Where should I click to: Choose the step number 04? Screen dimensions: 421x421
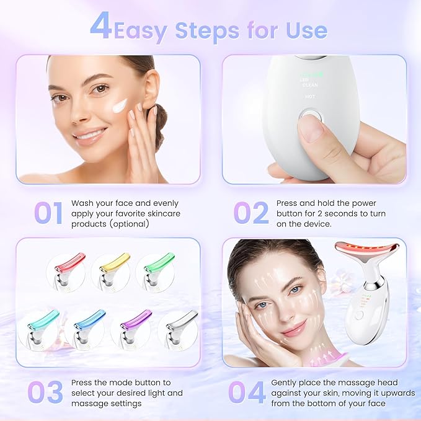(x=247, y=392)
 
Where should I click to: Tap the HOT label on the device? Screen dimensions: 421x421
(x=310, y=97)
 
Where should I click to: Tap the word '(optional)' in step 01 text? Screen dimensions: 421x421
(x=128, y=223)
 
